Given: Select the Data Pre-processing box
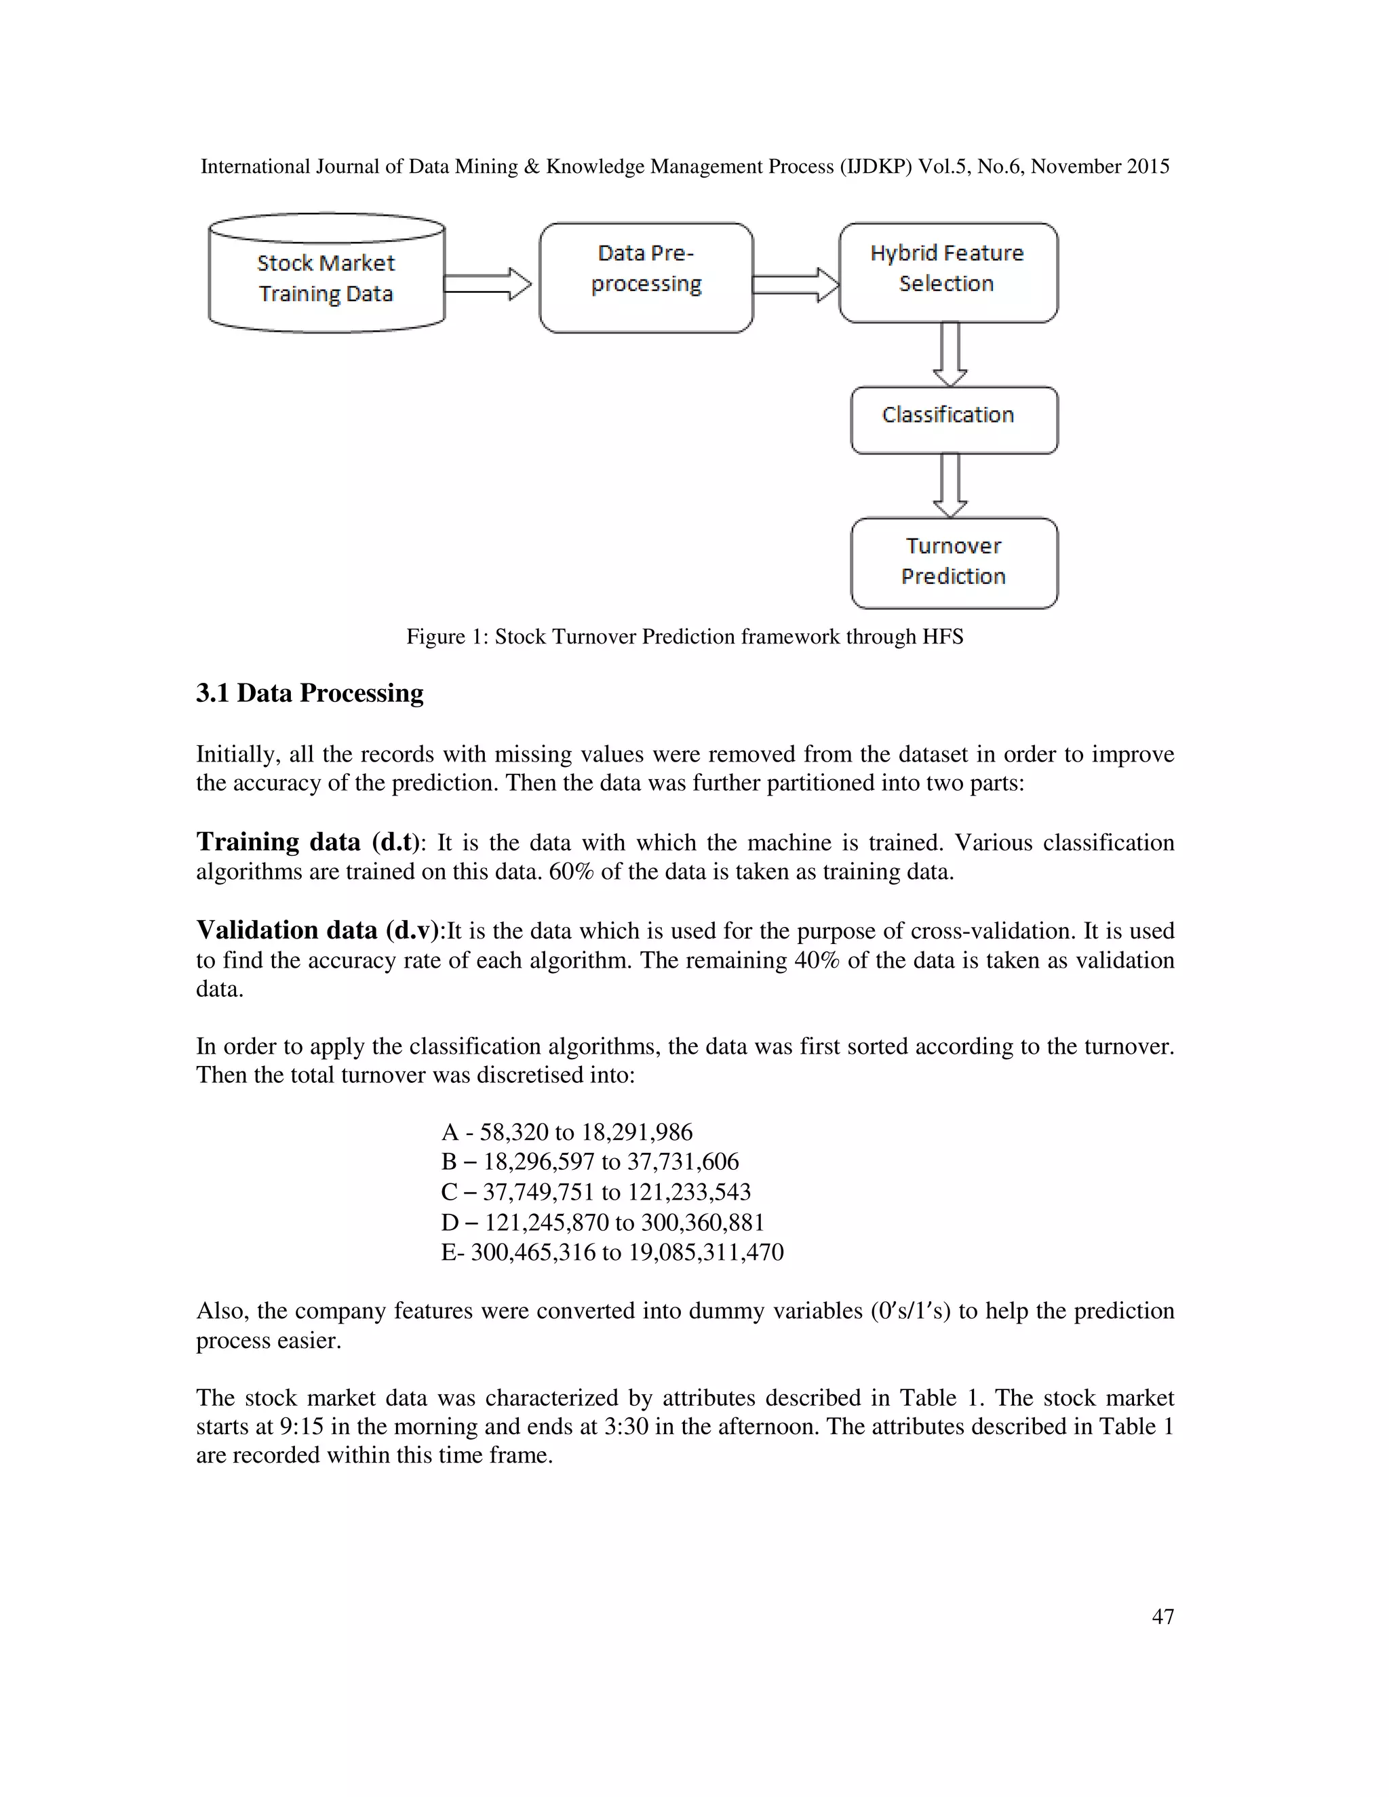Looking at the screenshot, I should [646, 278].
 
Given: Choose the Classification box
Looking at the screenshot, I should [953, 420].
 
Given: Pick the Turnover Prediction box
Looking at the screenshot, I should [953, 563].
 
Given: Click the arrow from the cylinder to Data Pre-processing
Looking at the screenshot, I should [487, 284].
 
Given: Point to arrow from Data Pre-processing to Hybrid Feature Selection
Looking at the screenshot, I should [795, 285].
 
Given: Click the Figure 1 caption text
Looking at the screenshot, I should [684, 637].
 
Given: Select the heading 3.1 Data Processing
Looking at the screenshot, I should [309, 693].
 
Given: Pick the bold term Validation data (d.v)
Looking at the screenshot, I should [319, 930].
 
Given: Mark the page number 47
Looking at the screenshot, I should [1162, 1616].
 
